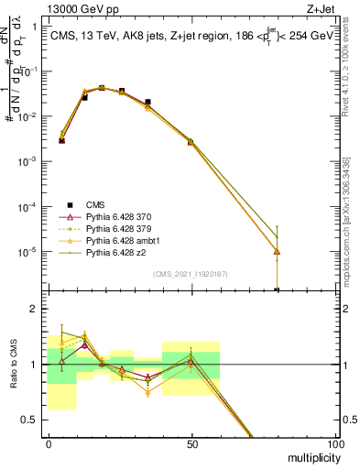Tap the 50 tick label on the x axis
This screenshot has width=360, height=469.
[191, 443]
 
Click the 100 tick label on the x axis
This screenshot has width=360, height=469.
[334, 443]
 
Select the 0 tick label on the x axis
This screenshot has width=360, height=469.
[49, 443]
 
